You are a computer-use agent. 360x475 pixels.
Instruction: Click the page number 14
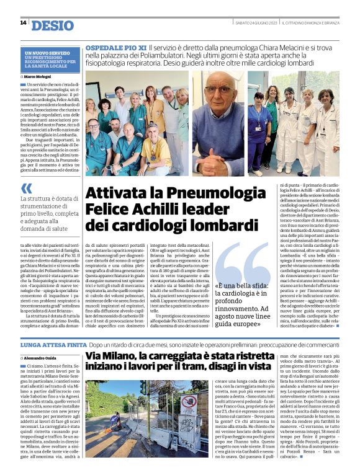23,23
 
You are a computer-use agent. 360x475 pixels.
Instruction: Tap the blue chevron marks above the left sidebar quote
25,188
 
